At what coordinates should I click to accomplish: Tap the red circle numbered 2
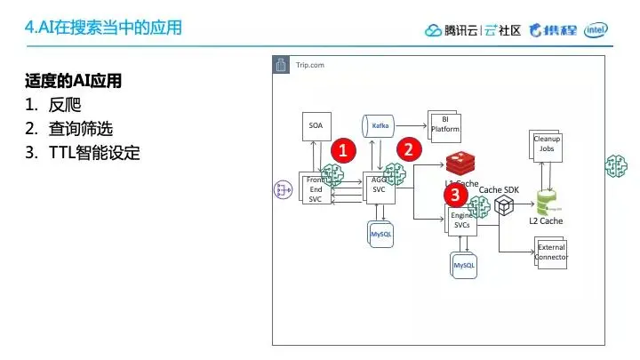click(408, 149)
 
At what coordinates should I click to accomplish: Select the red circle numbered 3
click(454, 194)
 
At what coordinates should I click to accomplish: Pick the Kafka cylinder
click(379, 126)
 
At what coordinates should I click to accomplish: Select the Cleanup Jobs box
click(546, 146)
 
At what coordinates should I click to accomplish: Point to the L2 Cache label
click(546, 220)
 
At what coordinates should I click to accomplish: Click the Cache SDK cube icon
click(505, 206)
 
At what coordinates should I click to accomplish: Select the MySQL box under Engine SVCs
click(464, 264)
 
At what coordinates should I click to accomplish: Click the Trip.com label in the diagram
click(310, 66)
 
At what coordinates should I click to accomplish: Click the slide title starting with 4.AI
click(104, 28)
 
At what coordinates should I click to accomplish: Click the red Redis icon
click(461, 164)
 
